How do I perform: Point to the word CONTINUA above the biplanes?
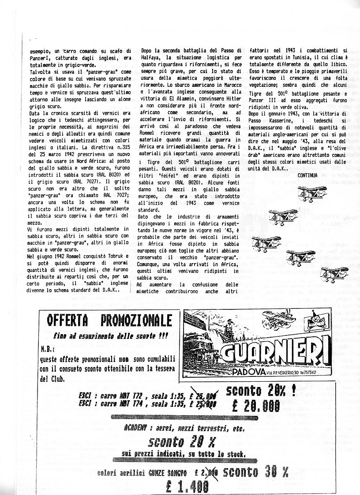(307, 175)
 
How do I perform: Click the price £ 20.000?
(256, 405)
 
